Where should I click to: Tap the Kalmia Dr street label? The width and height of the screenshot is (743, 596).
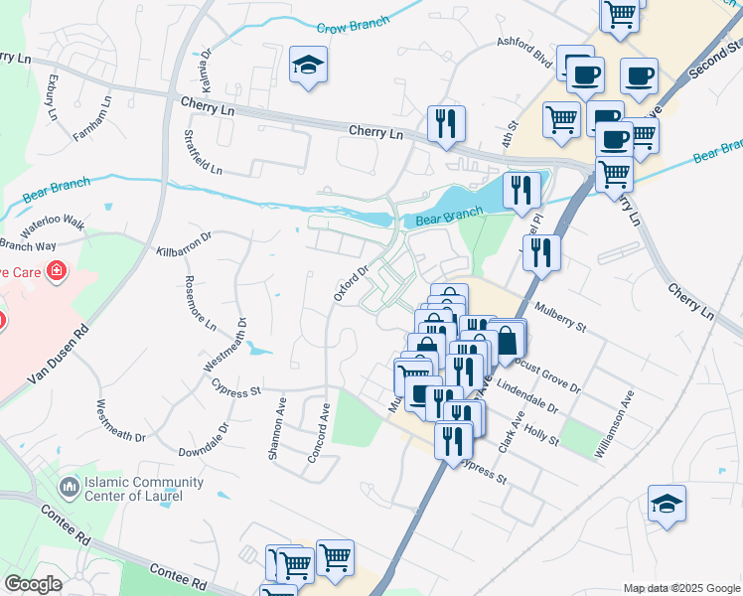[x=207, y=67]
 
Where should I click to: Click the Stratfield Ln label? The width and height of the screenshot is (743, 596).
[x=204, y=151]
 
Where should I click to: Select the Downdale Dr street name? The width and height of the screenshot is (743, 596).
[x=205, y=440]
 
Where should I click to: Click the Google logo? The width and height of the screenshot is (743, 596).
[x=33, y=583]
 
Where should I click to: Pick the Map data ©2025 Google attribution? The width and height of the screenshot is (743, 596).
[x=680, y=588]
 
